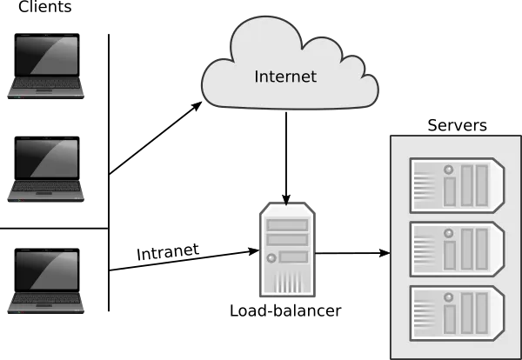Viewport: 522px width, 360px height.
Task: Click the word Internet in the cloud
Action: pyautogui.click(x=285, y=77)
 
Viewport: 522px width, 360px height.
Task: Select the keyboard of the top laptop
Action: pyautogui.click(x=47, y=84)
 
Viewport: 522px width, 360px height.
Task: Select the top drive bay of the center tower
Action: pyautogui.click(x=286, y=224)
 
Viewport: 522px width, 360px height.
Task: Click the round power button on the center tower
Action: pyautogui.click(x=271, y=258)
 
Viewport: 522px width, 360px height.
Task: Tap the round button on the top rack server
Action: pyautogui.click(x=450, y=168)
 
